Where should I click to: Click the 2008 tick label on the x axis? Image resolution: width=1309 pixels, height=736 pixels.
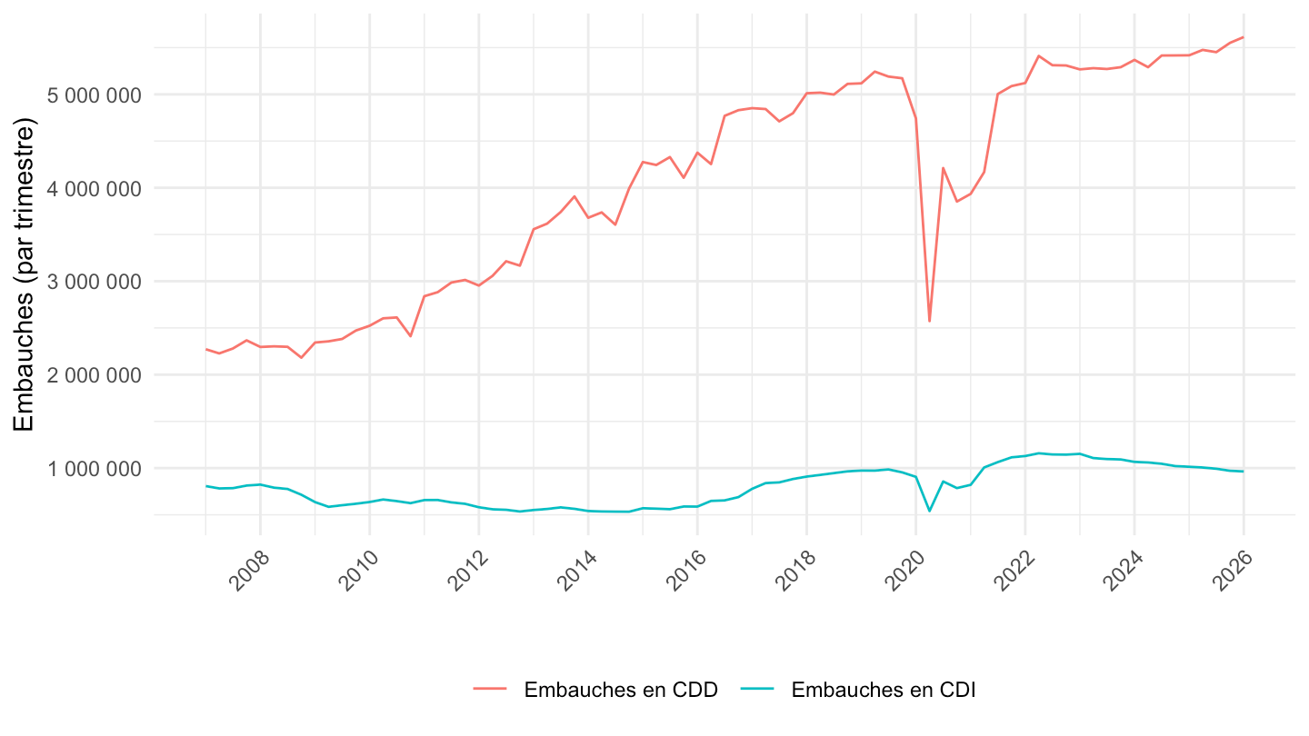(249, 571)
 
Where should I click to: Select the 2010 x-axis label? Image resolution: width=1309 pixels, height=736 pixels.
(359, 571)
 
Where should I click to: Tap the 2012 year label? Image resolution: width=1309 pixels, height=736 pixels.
(468, 571)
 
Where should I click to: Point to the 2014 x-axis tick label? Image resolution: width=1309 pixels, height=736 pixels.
(577, 571)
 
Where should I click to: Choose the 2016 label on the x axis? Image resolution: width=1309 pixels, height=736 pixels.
(686, 571)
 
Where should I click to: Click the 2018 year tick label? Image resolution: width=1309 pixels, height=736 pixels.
(796, 571)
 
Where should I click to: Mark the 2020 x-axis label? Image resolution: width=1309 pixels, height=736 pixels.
(905, 571)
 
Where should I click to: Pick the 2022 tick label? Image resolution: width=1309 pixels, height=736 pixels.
(1014, 571)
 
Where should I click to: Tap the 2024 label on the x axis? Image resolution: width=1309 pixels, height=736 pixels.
(1124, 571)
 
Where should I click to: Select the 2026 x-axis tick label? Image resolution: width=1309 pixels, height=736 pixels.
(1233, 571)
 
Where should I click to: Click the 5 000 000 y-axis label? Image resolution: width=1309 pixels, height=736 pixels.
(95, 95)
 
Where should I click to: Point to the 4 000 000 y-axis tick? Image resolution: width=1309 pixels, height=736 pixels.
(95, 189)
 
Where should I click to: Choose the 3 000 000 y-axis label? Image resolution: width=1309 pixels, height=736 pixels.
(95, 282)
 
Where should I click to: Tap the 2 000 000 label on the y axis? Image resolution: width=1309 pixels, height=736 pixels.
(95, 375)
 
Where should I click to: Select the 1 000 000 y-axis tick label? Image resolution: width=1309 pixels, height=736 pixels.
(95, 469)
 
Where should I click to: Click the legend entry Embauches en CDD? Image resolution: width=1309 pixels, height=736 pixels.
(596, 690)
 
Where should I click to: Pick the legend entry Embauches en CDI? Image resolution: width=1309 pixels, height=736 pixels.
(858, 690)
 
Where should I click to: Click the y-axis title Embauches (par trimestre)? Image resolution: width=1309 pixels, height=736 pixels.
(24, 274)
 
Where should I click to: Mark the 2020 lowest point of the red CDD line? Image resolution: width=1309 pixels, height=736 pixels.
(929, 322)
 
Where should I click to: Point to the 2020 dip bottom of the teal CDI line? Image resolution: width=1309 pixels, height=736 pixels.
(929, 511)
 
